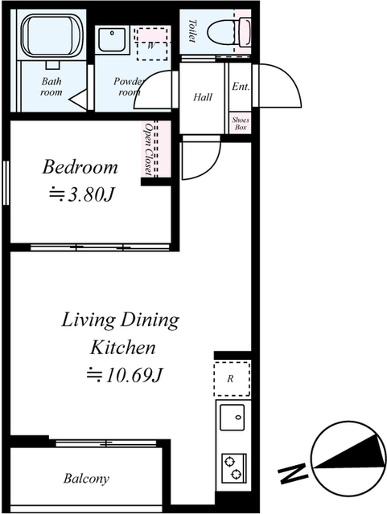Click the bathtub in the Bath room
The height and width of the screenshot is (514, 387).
point(52,35)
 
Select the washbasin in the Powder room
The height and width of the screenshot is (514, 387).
point(112,40)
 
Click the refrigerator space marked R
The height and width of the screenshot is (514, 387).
point(232,379)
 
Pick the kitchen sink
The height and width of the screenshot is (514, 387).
point(233,417)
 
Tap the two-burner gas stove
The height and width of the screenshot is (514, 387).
point(234,468)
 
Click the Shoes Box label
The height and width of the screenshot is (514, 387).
point(241,124)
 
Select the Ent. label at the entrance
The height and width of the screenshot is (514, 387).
point(241,87)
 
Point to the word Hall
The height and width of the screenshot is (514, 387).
point(203,97)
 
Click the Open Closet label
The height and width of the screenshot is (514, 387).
point(150,149)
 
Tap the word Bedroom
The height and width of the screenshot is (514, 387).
point(80,167)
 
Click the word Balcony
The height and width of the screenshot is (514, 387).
point(86,479)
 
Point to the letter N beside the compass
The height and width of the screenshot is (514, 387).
point(294,474)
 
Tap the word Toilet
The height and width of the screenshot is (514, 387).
point(192,31)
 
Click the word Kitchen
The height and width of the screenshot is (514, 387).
point(122,348)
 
